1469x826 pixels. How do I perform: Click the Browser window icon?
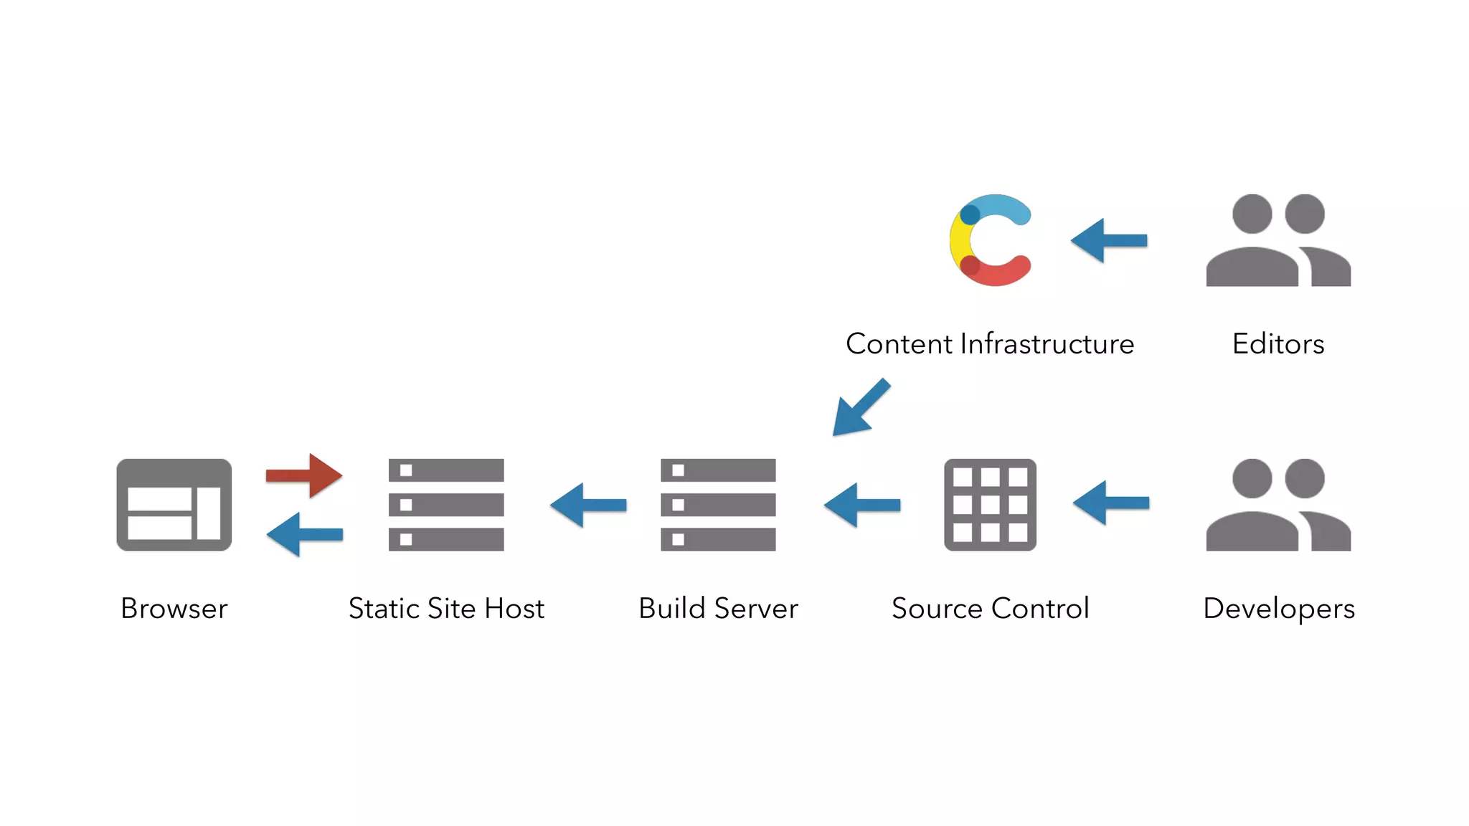(x=174, y=505)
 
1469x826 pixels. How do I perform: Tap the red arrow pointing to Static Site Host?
(x=304, y=475)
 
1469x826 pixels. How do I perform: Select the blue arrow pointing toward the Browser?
(x=304, y=534)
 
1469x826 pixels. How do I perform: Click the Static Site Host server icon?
(x=446, y=505)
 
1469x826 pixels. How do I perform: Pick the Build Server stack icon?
(x=718, y=505)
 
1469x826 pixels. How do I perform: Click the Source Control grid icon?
(x=990, y=505)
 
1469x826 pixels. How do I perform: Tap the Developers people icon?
(x=1278, y=505)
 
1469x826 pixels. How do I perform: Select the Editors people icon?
(x=1278, y=240)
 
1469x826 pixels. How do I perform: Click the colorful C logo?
(x=990, y=240)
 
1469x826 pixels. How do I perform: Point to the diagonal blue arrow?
(x=861, y=407)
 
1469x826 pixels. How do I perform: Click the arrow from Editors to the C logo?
(x=1109, y=240)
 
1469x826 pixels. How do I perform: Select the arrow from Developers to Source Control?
(x=1111, y=503)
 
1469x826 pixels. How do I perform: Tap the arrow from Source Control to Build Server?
(x=862, y=505)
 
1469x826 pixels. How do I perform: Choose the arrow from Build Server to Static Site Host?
(x=588, y=505)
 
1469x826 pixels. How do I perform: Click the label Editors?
(x=1278, y=343)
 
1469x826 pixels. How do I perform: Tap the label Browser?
(x=174, y=608)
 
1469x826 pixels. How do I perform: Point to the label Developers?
(x=1278, y=608)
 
